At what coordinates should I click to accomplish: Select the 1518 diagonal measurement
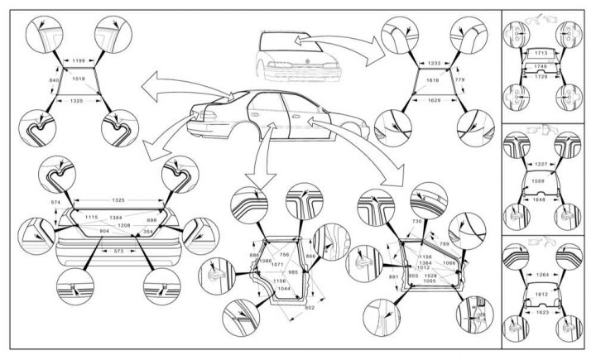click(79, 79)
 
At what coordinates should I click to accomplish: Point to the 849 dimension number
click(54, 79)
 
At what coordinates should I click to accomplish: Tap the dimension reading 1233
click(432, 63)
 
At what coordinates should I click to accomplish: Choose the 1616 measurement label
click(432, 82)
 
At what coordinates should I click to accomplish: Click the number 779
click(460, 79)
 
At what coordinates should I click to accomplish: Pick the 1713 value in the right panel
click(541, 53)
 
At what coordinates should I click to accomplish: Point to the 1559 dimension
click(541, 181)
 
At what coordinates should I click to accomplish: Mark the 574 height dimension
click(55, 203)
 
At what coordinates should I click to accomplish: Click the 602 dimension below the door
click(310, 308)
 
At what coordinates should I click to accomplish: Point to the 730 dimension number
click(416, 223)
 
